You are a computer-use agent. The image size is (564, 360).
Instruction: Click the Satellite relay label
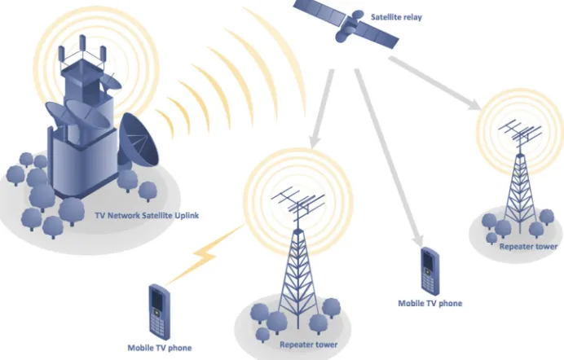(x=396, y=17)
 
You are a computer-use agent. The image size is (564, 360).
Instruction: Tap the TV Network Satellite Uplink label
(x=147, y=216)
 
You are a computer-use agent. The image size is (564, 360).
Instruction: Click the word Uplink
(x=187, y=216)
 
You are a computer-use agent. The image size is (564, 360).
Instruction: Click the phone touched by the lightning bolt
(x=159, y=311)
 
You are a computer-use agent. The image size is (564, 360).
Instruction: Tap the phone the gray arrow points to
(x=430, y=270)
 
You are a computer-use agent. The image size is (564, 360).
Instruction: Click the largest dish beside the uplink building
(x=139, y=140)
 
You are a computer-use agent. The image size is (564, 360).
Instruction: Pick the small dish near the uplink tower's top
(x=111, y=81)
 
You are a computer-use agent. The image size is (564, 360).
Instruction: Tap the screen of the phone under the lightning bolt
(x=156, y=299)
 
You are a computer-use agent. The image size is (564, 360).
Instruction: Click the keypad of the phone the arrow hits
(x=428, y=283)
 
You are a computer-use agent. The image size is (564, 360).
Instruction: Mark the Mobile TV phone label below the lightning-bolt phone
(x=160, y=348)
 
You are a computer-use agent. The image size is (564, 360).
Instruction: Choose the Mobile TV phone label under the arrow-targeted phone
(x=430, y=303)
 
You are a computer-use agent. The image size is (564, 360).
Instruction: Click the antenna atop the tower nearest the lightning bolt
(x=298, y=205)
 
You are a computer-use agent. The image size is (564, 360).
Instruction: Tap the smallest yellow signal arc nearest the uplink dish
(x=166, y=123)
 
